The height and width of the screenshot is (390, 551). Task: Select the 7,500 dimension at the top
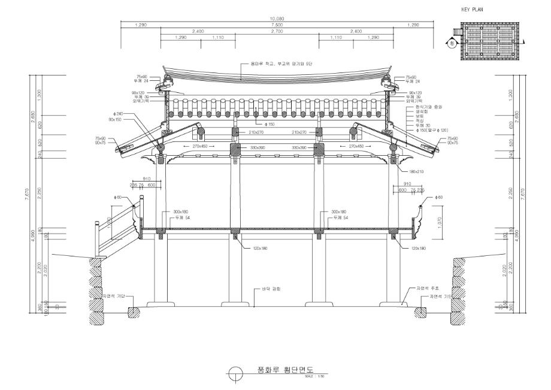(276, 25)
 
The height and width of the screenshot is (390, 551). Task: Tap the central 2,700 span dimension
(276, 32)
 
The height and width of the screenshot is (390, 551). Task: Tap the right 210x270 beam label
(301, 132)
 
